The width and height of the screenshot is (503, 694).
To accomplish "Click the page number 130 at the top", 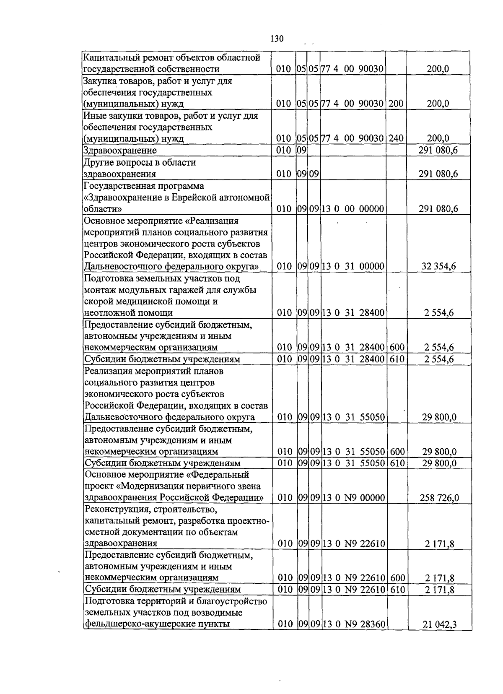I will (x=277, y=39).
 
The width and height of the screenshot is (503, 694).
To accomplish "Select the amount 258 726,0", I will (x=439, y=498).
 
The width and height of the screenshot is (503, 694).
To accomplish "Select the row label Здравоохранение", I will (x=120, y=151).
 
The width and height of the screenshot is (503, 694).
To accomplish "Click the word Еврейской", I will (x=192, y=197).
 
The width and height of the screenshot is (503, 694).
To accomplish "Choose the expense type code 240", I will (x=396, y=138).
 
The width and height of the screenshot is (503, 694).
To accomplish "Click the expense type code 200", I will (x=396, y=104).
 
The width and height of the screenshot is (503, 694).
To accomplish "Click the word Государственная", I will (x=118, y=186).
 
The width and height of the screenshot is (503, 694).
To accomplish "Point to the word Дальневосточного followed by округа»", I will (x=123, y=266).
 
